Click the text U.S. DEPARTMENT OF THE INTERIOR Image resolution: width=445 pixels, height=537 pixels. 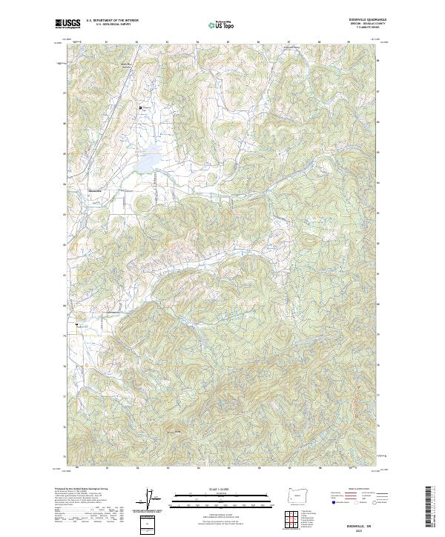point(112,21)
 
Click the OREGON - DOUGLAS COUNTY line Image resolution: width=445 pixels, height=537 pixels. point(366,24)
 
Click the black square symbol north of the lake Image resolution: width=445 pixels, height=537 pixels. point(139,108)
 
